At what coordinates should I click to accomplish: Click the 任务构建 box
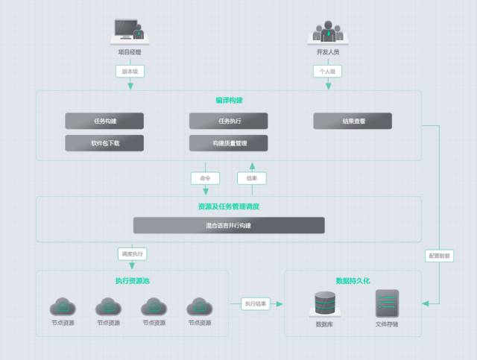(x=104, y=121)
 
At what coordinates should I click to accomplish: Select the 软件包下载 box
(x=104, y=143)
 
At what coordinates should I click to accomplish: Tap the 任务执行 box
(x=228, y=121)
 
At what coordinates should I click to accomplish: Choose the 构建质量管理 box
(x=228, y=143)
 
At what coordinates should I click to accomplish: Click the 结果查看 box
(x=353, y=121)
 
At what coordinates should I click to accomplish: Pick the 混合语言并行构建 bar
(x=229, y=225)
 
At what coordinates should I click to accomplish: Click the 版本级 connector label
(x=130, y=72)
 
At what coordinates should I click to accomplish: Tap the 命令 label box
(x=205, y=178)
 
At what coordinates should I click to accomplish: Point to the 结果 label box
(x=252, y=178)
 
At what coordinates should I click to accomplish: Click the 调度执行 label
(x=132, y=253)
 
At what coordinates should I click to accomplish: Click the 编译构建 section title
(x=229, y=100)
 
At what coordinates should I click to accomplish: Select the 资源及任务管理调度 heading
(x=229, y=206)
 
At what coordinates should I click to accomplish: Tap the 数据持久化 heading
(x=353, y=280)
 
